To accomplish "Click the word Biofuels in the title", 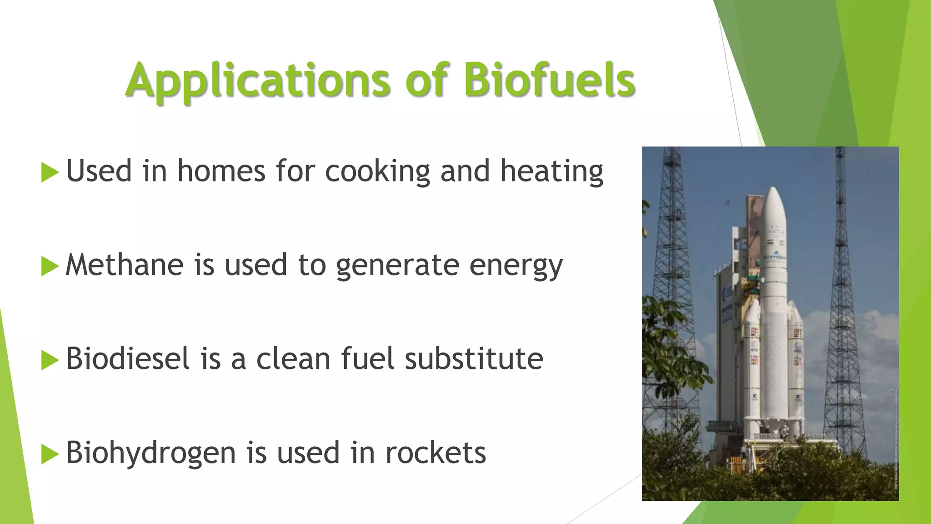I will (549, 80).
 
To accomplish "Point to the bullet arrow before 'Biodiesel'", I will (50, 360).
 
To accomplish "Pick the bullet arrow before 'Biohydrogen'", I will (50, 454).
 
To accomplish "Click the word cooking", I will (377, 172).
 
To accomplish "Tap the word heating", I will (551, 172).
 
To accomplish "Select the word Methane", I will (124, 265).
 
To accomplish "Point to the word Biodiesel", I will (127, 358).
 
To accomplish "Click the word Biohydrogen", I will (150, 453).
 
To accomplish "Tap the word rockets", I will (435, 453).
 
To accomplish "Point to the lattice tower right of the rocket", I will (842, 273).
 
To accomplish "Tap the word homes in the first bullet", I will (221, 171).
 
